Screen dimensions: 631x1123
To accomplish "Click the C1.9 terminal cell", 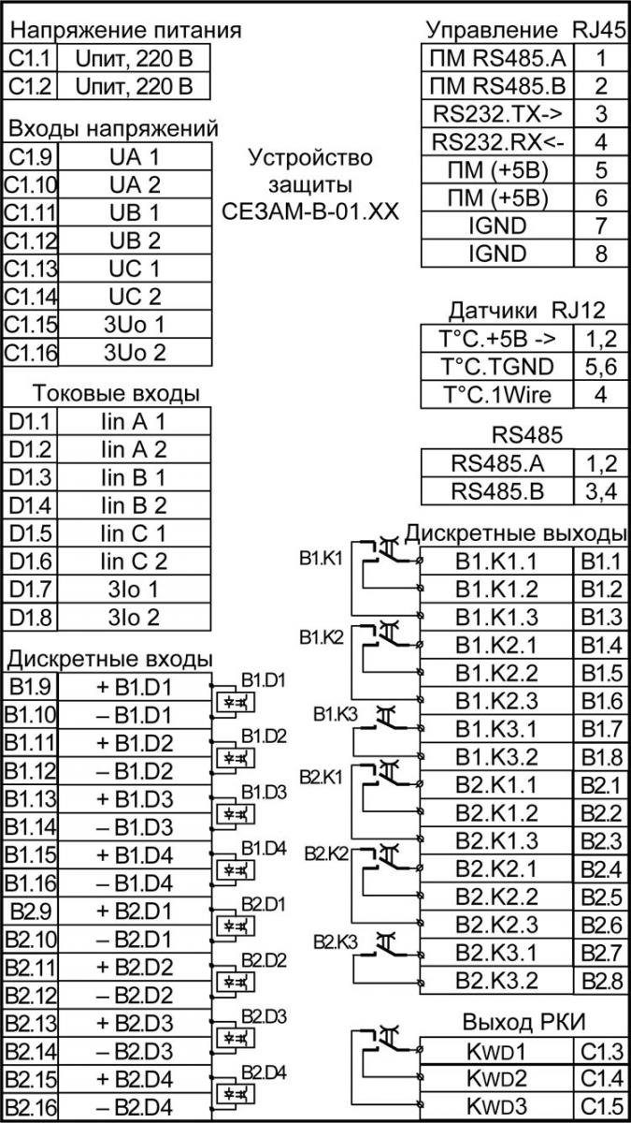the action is tap(30, 157).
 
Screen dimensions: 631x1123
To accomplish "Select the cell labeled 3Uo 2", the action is tap(135, 353).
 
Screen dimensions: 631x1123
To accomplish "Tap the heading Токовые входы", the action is tap(116, 394).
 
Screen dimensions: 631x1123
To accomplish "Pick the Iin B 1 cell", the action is tap(134, 477).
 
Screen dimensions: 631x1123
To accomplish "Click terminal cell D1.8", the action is tap(30, 617).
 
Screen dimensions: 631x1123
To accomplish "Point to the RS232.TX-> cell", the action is tap(497, 114).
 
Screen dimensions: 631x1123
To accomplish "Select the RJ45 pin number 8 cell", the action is tap(601, 254).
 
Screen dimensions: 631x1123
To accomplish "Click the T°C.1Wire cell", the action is tap(496, 395).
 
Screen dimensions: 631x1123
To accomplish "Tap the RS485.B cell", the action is tap(497, 491).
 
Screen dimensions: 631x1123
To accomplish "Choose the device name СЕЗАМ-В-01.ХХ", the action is tap(310, 211).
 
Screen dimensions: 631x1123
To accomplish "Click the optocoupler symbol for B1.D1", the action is tap(235, 701).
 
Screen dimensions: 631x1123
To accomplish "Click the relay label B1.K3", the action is tap(335, 714).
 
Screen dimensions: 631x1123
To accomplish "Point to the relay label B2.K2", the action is tap(326, 853).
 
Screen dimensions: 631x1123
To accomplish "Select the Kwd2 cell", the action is tap(496, 1077).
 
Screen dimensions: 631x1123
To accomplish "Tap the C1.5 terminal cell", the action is tap(601, 1105).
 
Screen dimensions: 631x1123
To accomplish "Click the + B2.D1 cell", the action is tap(135, 911).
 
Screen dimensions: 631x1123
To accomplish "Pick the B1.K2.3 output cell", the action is tap(496, 700).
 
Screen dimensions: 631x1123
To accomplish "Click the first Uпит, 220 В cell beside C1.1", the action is tap(134, 58).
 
